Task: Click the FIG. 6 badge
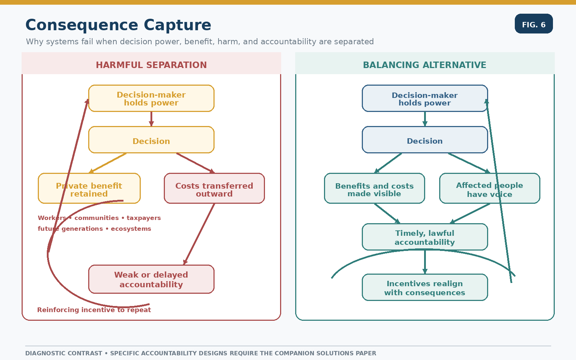534,24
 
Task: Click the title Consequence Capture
118,25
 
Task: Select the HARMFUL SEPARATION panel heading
151,65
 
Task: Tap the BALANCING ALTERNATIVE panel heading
424,65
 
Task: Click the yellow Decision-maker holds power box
151,98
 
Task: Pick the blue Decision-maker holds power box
425,98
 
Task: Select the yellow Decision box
151,140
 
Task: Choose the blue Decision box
425,140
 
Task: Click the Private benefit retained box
89,188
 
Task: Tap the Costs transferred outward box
214,188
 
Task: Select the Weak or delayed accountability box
151,279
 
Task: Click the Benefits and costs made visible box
374,188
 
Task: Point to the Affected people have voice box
490,188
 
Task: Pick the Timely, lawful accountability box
425,237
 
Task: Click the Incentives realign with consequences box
425,287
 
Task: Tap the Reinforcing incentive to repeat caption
94,310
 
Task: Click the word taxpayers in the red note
144,218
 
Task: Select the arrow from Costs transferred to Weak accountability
199,234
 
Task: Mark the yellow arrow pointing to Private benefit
108,163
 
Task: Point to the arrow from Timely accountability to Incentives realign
425,262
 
